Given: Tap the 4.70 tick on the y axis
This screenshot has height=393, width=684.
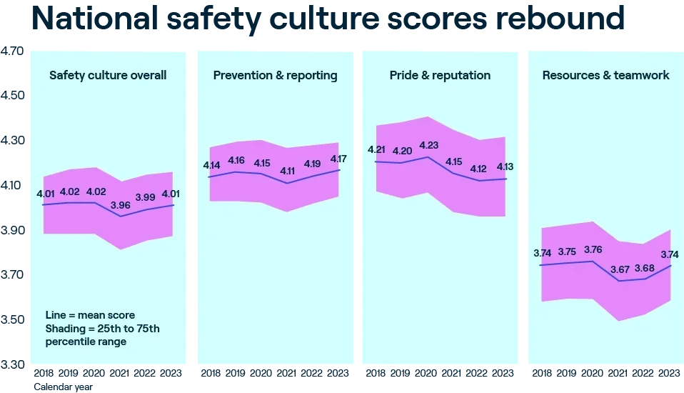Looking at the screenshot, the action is click(x=11, y=51).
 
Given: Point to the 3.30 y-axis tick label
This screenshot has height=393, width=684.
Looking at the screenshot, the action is click(x=11, y=364).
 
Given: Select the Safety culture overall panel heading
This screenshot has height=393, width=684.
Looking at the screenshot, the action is click(x=108, y=75).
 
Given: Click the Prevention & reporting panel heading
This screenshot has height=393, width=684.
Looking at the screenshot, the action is click(x=276, y=76).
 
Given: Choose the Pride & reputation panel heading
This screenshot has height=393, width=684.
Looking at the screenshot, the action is click(x=440, y=76).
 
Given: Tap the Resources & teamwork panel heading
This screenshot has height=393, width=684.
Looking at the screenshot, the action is click(x=605, y=75).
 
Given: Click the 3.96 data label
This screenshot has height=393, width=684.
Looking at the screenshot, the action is click(x=121, y=205).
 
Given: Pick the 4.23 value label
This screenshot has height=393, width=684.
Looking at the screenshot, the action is click(x=429, y=145).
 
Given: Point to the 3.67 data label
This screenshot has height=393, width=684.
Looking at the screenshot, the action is click(x=620, y=269).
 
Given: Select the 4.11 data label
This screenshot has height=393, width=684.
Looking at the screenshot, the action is click(x=287, y=171).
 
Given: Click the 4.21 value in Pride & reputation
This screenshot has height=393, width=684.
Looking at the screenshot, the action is click(x=376, y=150).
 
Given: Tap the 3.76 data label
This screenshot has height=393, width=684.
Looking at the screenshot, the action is click(x=593, y=249).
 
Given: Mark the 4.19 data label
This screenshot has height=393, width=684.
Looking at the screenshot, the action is click(x=312, y=164).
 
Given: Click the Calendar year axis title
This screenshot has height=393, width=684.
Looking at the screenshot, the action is click(x=64, y=387).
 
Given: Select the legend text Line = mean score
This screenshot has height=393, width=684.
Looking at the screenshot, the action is click(x=90, y=315).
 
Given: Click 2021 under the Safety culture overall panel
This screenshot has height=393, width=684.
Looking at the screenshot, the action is click(x=119, y=373).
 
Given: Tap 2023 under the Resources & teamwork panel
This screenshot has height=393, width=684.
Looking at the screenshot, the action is click(x=669, y=373).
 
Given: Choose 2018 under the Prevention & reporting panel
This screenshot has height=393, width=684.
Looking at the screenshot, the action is click(x=210, y=373).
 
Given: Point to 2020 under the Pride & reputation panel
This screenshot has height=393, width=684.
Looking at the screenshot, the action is click(x=426, y=373).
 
